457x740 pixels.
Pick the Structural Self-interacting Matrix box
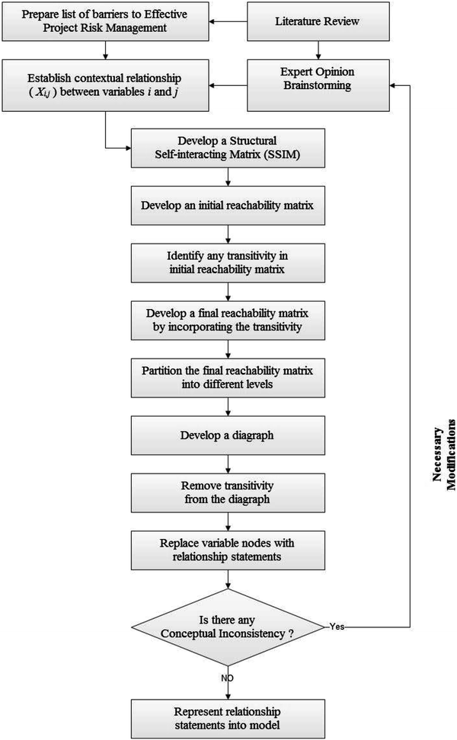tap(228, 148)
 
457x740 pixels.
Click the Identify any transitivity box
tap(228, 263)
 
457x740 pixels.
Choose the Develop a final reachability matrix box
tap(228, 320)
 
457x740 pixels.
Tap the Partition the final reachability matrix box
tap(228, 377)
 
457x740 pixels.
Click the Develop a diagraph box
tap(228, 435)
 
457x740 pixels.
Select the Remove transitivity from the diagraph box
tap(228, 492)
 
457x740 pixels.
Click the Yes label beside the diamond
tap(338, 626)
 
